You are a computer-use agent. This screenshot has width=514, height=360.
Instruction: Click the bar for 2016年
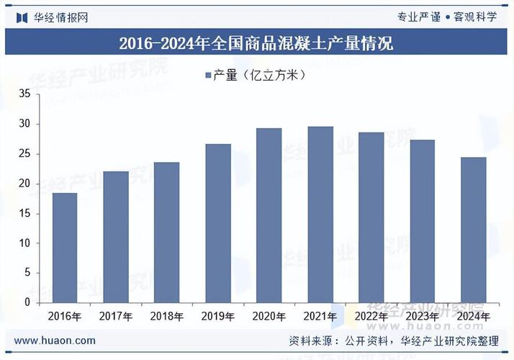[65, 248]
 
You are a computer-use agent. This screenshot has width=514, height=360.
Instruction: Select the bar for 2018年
[167, 232]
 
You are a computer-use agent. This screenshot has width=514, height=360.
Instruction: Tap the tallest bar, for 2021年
[320, 215]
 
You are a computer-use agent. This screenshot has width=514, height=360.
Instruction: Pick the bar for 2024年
[474, 230]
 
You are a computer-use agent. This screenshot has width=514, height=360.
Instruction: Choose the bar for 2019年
[218, 223]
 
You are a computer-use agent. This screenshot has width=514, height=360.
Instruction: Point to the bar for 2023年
[423, 221]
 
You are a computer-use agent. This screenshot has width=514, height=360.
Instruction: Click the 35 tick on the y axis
[24, 94]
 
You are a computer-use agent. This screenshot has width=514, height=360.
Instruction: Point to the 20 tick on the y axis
[24, 184]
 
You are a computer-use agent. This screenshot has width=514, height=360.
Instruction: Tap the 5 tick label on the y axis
[27, 273]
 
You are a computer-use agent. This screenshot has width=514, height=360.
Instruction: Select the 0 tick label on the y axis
[27, 302]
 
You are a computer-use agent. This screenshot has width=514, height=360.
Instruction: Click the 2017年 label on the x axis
[116, 316]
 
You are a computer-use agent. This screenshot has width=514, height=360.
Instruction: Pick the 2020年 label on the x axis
[269, 316]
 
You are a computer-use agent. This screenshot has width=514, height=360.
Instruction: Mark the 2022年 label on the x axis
[371, 316]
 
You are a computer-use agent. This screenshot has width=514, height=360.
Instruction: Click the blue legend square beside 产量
[207, 75]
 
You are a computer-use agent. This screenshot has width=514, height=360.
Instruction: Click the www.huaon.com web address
[55, 341]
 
